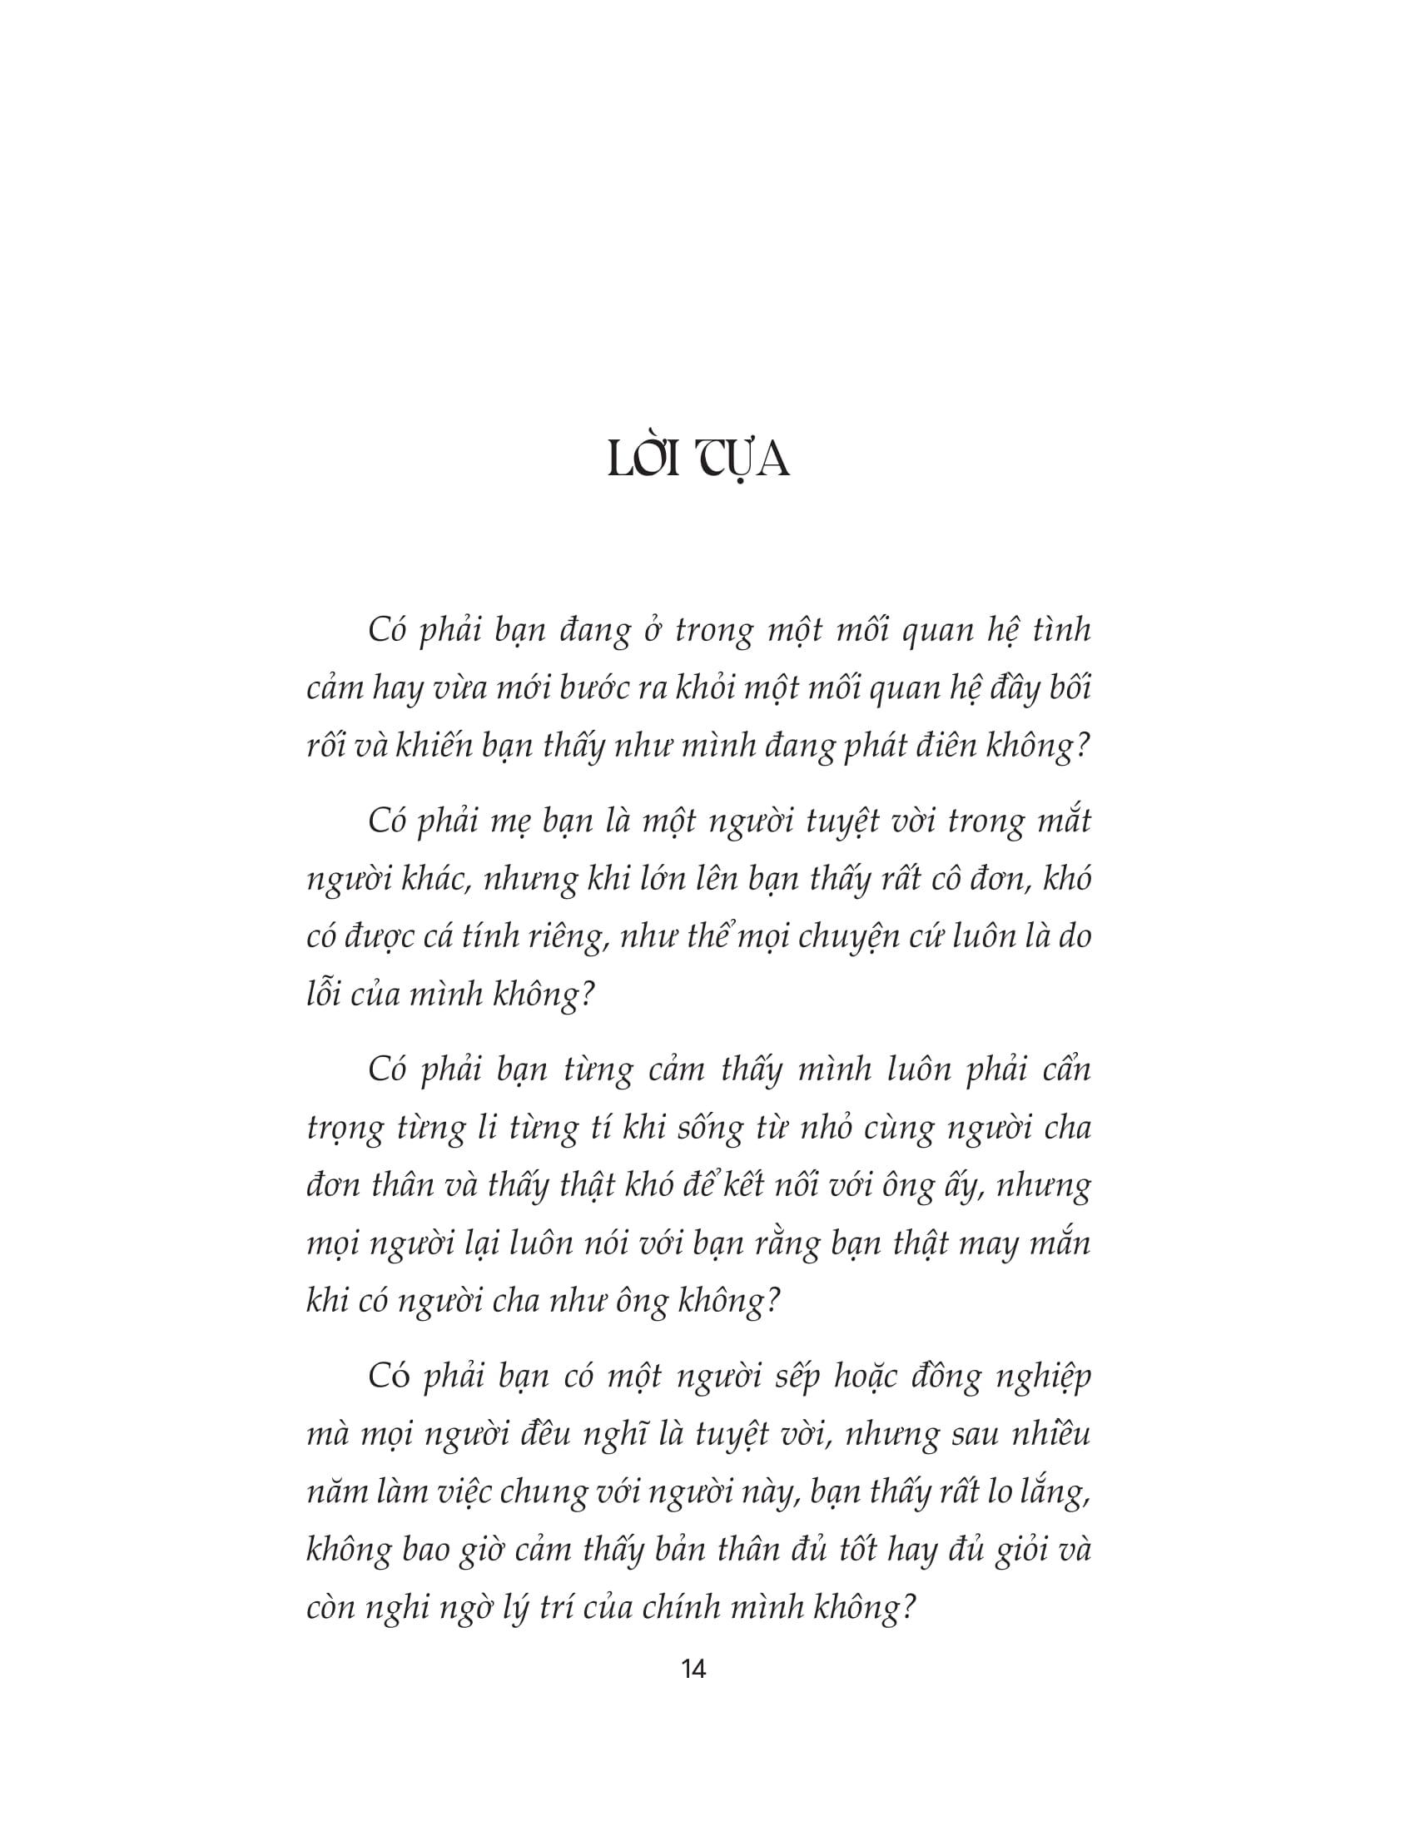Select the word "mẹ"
(x=512, y=821)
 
